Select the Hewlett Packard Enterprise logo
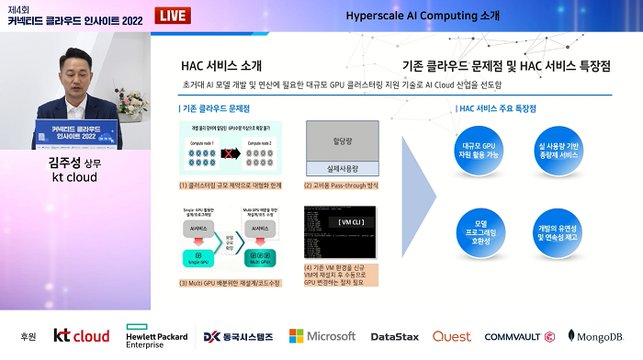click(x=157, y=337)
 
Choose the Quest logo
click(x=452, y=337)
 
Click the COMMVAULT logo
click(x=519, y=337)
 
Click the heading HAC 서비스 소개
click(x=220, y=66)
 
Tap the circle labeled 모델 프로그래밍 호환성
click(x=480, y=226)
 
